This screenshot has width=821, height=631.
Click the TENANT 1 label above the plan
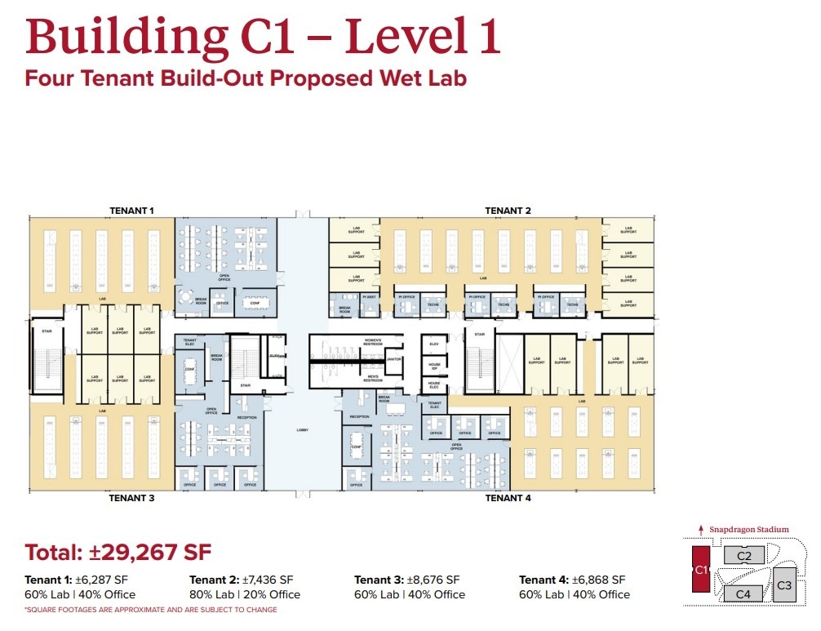(131, 211)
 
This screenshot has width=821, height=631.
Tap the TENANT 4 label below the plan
(508, 497)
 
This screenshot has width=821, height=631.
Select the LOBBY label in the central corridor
(303, 429)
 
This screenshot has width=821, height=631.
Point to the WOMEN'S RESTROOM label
(372, 340)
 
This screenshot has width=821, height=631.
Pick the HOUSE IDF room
(434, 364)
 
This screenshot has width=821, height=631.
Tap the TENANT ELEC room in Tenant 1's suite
(189, 342)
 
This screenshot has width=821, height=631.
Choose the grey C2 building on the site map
(743, 556)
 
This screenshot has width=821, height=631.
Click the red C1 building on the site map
(699, 570)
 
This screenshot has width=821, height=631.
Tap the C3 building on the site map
(783, 585)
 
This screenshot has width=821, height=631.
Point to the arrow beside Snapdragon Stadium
(700, 530)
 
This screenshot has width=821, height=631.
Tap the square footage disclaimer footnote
(151, 610)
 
